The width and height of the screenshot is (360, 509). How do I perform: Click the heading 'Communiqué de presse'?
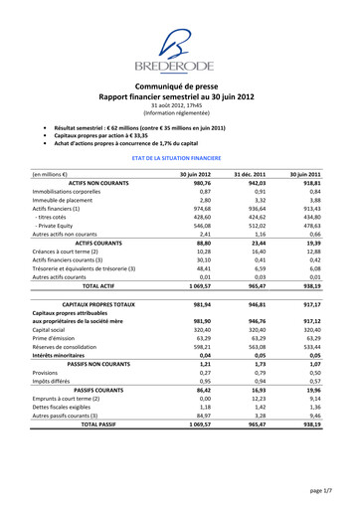pos(180,86)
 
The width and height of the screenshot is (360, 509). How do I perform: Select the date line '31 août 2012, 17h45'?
pos(180,105)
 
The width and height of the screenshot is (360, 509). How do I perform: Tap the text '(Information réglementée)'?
pos(180,113)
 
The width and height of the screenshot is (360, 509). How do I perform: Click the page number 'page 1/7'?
pos(319,491)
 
